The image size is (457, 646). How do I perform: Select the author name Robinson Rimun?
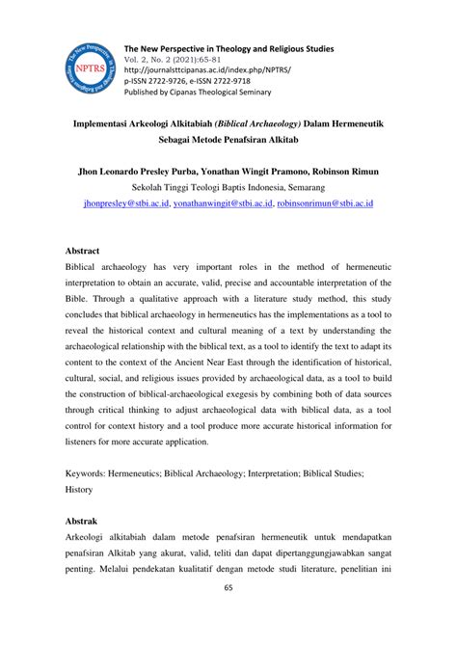pyautogui.click(x=344, y=172)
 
